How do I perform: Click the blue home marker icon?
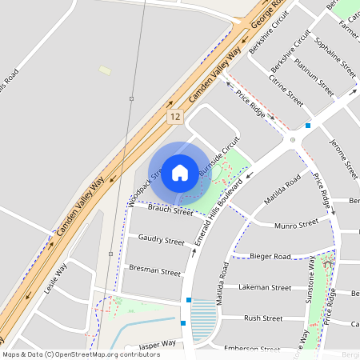point(180,172)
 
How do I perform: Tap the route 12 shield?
point(175,117)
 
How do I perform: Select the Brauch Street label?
point(170,210)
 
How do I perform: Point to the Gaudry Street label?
point(161,239)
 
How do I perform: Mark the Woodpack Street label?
point(141,186)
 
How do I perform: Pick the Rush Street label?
point(263,318)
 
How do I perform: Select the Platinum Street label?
point(314,77)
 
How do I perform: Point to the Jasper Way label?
point(157,345)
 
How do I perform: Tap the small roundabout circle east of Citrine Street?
point(293,140)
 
